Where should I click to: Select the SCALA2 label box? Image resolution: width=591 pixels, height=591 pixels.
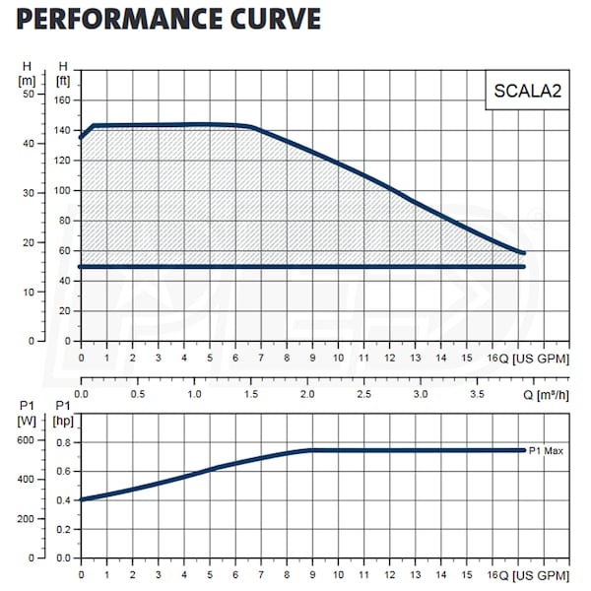pyautogui.click(x=513, y=92)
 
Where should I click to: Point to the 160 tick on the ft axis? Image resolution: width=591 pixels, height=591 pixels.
pyautogui.click(x=64, y=99)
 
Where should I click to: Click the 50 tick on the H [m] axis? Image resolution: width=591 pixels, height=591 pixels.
pyautogui.click(x=29, y=94)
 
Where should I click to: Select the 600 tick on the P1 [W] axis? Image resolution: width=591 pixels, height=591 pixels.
pyautogui.click(x=27, y=440)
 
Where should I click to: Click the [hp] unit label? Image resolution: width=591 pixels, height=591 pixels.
pyautogui.click(x=64, y=421)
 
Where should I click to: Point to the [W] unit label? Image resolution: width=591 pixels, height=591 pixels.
pyautogui.click(x=27, y=421)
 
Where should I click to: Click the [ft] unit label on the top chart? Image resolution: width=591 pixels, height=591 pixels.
pyautogui.click(x=64, y=79)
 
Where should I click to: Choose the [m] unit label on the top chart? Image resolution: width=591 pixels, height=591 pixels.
pyautogui.click(x=28, y=79)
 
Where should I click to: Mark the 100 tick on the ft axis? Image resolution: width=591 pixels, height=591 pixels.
pyautogui.click(x=64, y=190)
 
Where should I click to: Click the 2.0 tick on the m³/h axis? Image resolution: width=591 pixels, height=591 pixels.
pyautogui.click(x=308, y=394)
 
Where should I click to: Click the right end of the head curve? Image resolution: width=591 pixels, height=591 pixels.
pyautogui.click(x=523, y=253)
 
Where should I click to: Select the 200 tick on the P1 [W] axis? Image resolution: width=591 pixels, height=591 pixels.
pyautogui.click(x=27, y=518)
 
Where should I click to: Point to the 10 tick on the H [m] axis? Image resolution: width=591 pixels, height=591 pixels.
pyautogui.click(x=29, y=292)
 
